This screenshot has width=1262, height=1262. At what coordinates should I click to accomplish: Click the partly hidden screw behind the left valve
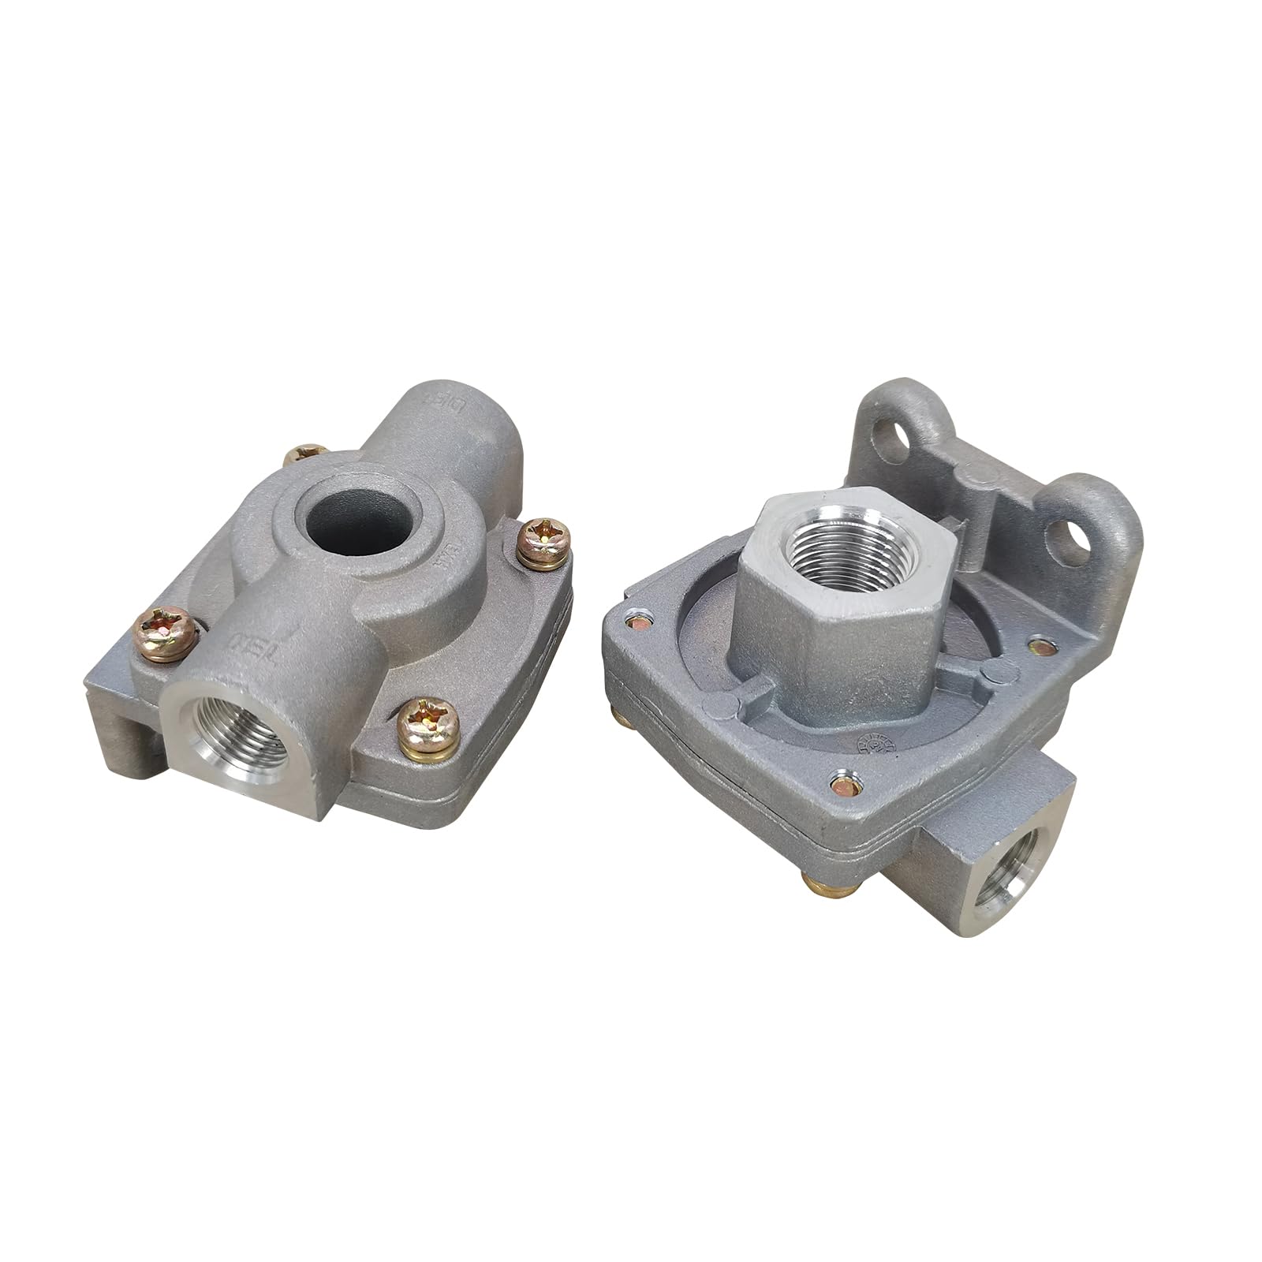(x=304, y=454)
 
